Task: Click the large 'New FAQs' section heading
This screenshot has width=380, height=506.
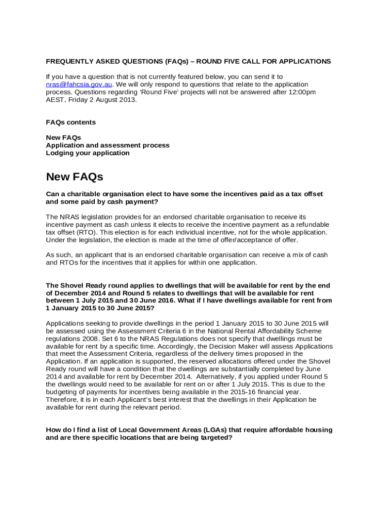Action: [74, 177]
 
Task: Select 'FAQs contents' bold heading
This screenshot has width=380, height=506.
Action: [71, 122]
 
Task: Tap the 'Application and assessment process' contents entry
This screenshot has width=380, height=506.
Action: [108, 145]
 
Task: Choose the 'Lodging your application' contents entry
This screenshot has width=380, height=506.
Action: [88, 153]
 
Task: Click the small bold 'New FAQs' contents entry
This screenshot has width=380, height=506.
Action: [63, 137]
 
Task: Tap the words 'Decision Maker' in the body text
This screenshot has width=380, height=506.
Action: [249, 346]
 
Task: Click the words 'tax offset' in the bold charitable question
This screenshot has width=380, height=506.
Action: [306, 194]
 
